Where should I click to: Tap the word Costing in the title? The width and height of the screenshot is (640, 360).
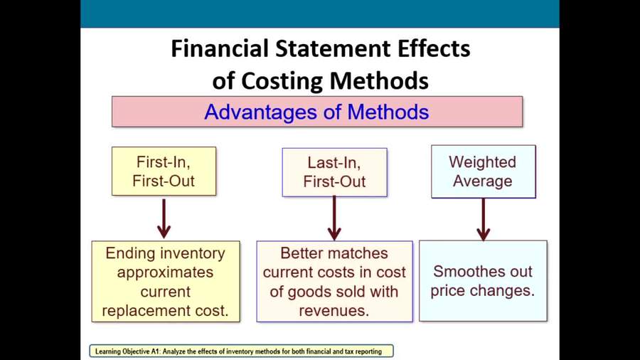[282, 80]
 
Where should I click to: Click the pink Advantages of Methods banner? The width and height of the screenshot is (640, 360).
[317, 112]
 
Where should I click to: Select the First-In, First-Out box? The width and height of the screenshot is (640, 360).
[164, 171]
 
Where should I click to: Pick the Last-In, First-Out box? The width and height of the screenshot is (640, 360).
[335, 172]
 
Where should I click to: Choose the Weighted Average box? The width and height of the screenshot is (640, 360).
[484, 171]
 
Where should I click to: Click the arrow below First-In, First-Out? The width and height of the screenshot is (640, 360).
[164, 218]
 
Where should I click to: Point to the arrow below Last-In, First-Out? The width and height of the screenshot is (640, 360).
[334, 218]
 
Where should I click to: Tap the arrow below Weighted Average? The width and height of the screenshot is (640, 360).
[484, 220]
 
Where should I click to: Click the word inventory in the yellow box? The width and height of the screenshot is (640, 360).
[196, 253]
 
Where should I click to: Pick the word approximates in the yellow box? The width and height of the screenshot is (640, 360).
[165, 272]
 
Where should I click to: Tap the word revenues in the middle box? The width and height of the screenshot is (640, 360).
[334, 311]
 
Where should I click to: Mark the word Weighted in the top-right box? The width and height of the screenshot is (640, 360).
[482, 162]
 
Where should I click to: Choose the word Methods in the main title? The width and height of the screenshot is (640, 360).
[379, 80]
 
